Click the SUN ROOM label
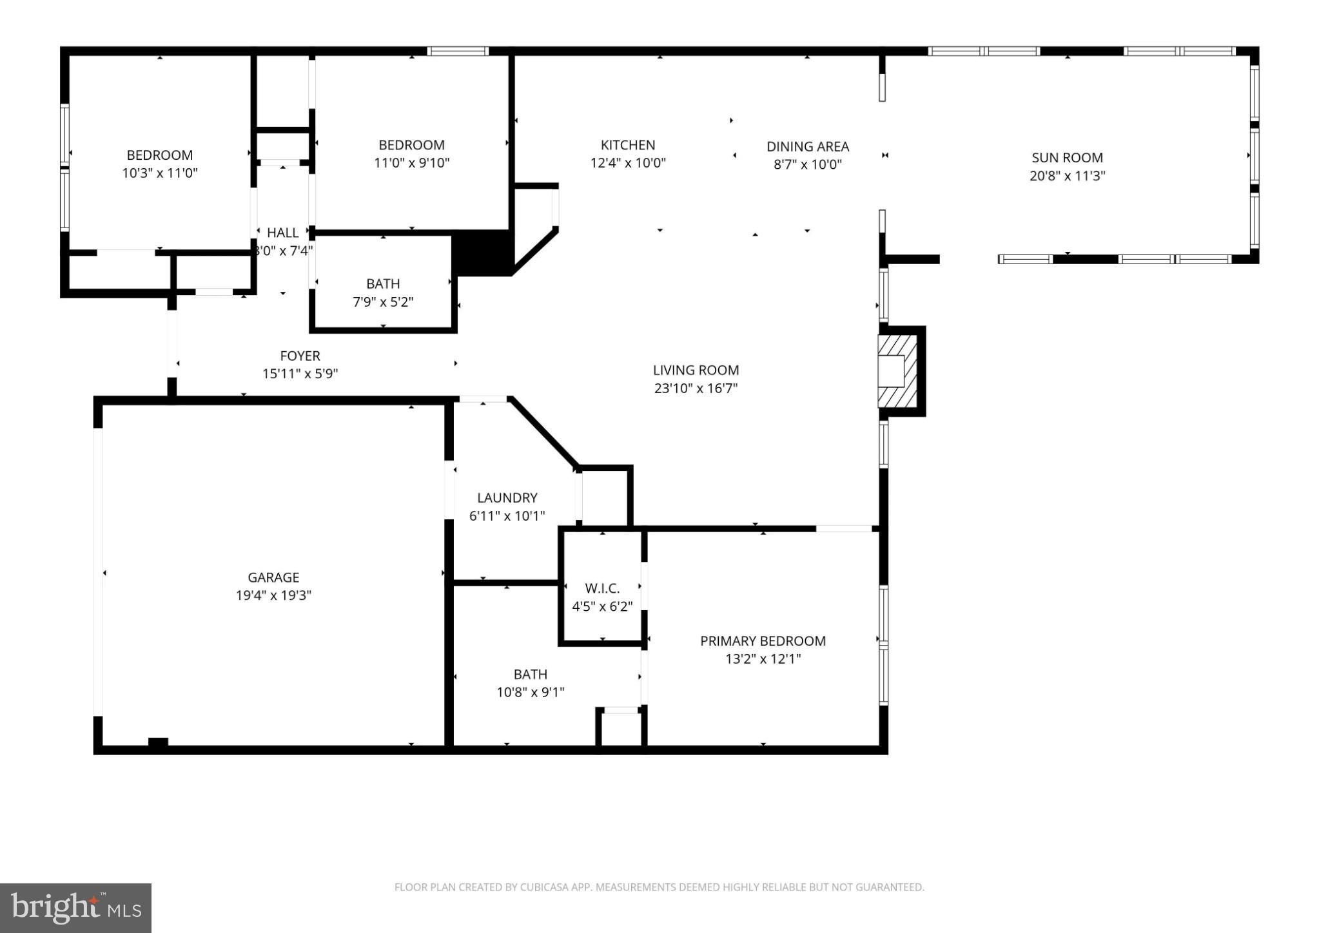[x=1067, y=157]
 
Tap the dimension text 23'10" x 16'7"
[x=696, y=388]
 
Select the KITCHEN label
[x=628, y=145]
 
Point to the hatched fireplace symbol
[x=897, y=371]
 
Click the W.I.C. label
[x=602, y=588]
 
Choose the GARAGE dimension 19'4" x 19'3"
[x=273, y=595]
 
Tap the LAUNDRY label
[x=507, y=497]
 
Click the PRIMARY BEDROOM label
[x=763, y=640]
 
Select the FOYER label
[x=300, y=356]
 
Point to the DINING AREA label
[x=807, y=146]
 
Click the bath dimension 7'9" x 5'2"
[x=383, y=302]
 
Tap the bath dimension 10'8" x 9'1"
[x=530, y=692]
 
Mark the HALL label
[x=282, y=233]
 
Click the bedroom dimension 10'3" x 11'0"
[x=159, y=173]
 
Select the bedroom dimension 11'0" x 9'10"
[x=411, y=162]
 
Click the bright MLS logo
[x=75, y=908]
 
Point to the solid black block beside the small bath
[x=482, y=253]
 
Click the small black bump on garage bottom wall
[x=158, y=742]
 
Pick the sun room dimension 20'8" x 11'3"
[x=1067, y=175]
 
